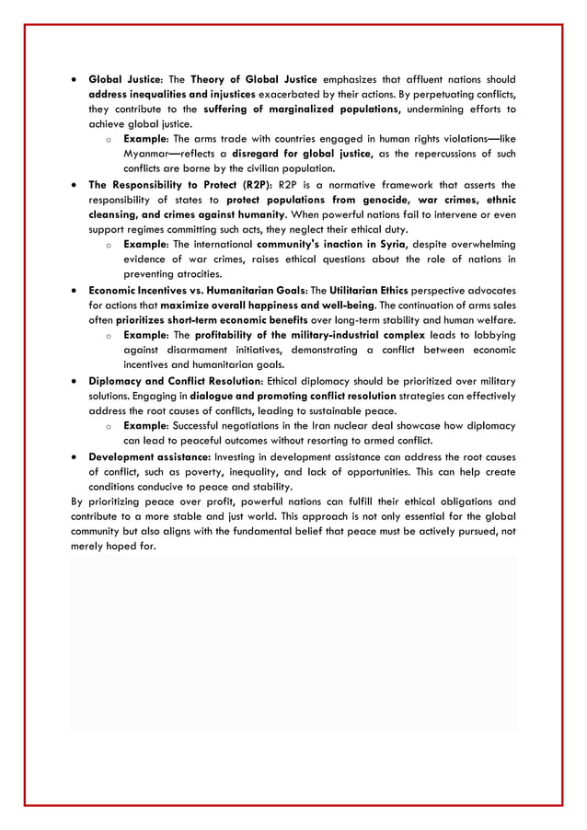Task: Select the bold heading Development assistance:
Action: pos(149,457)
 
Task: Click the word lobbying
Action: pos(493,335)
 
